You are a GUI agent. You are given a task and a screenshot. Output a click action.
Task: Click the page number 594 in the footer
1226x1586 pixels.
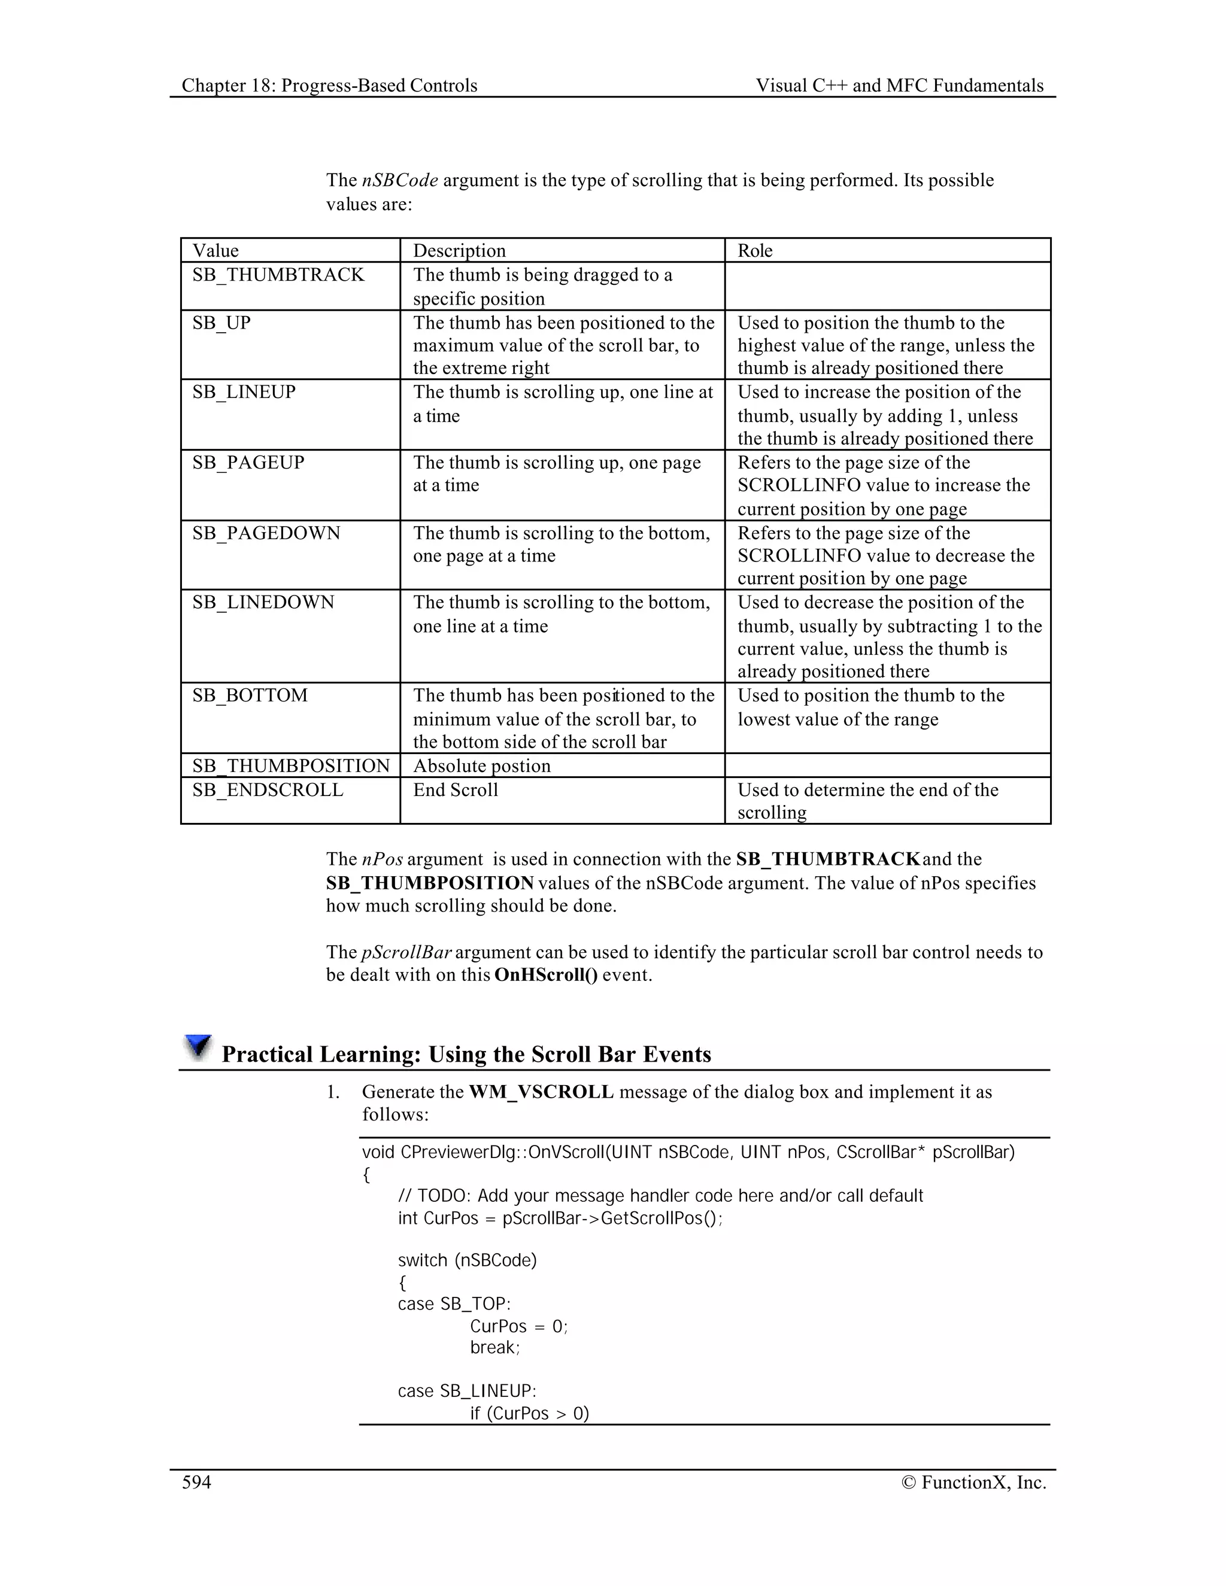point(196,1482)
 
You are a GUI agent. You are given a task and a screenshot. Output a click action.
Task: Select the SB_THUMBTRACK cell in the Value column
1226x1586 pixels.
point(278,275)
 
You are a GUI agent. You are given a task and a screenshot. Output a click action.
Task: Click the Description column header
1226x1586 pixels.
point(459,251)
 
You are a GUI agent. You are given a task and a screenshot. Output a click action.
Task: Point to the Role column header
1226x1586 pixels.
point(755,251)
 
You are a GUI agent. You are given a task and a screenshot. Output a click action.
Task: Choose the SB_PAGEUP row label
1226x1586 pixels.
point(248,463)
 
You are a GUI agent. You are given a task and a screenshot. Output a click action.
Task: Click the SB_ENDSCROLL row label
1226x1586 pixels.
point(267,790)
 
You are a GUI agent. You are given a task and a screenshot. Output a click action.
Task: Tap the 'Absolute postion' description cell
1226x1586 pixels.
point(481,766)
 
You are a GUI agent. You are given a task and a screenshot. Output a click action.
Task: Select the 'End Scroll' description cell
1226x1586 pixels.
point(456,790)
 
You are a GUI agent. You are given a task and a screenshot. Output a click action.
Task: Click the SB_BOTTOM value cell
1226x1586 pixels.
point(250,695)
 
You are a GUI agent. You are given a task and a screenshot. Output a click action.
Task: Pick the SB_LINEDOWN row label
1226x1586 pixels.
point(263,603)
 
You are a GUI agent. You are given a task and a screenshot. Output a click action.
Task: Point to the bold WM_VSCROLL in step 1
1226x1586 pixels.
point(541,1092)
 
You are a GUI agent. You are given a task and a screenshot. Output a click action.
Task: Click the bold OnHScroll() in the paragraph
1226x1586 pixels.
point(545,974)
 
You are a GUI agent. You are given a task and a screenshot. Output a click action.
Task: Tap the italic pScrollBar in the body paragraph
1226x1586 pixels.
point(406,952)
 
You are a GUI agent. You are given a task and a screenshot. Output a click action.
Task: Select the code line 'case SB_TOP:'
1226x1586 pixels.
point(454,1304)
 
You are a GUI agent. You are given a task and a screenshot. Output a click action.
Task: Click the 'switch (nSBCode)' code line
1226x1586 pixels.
point(467,1260)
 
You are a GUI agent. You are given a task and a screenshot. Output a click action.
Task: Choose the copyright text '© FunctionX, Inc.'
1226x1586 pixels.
point(973,1482)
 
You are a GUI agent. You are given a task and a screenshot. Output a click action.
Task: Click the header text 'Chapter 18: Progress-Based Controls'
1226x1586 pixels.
point(329,86)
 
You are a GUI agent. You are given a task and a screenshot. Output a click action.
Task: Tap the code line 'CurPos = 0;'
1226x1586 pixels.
point(518,1327)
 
